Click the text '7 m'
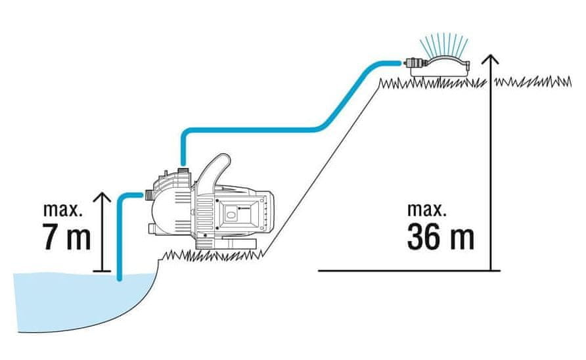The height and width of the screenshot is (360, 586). (x=66, y=238)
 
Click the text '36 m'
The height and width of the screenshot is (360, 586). (x=439, y=237)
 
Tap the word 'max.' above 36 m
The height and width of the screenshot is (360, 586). (x=427, y=210)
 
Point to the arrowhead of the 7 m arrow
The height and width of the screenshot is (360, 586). (x=101, y=196)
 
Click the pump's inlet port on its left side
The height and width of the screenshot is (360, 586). (x=148, y=194)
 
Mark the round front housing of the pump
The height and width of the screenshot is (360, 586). (x=168, y=210)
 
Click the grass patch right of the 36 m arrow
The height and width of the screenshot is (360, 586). (x=532, y=81)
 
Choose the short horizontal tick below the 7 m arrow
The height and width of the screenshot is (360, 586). (x=101, y=271)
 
